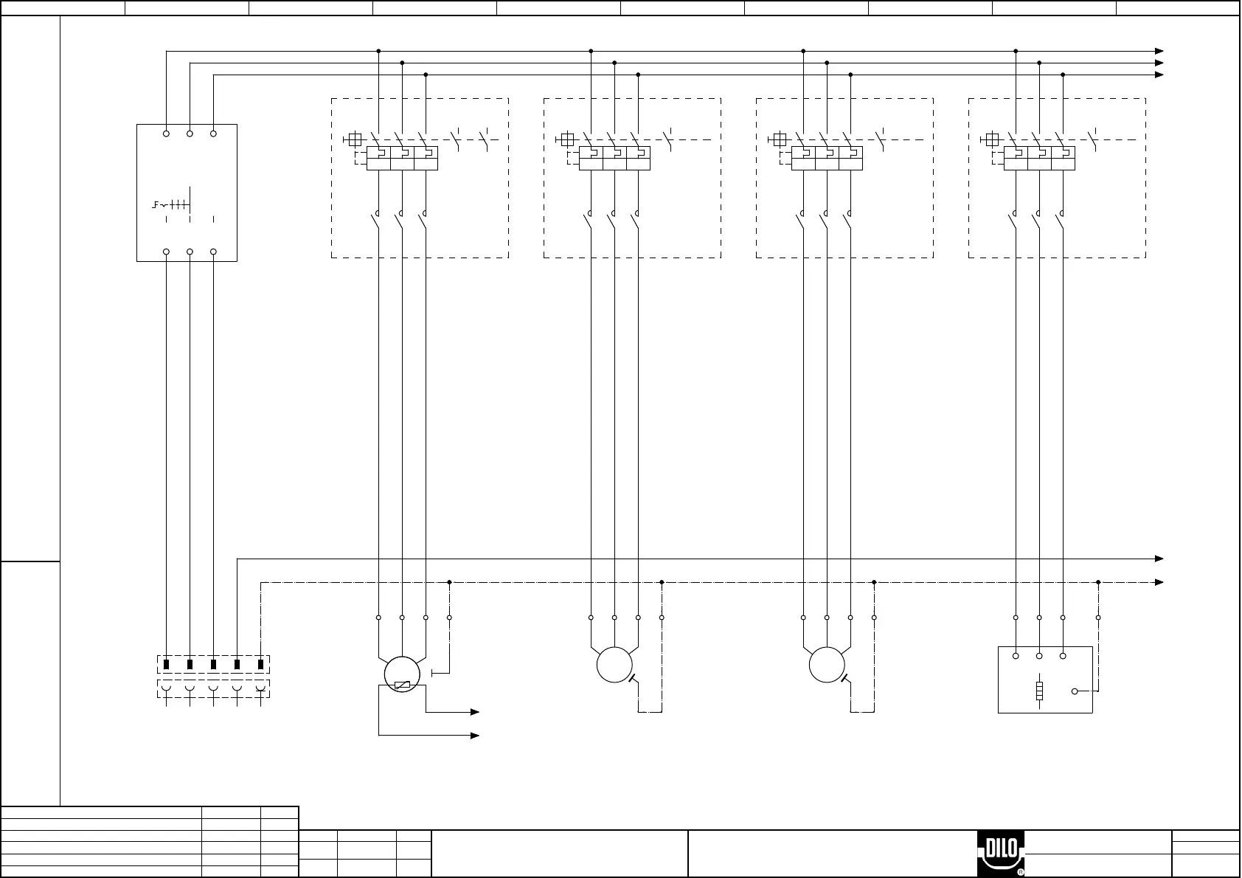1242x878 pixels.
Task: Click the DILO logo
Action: tap(1001, 853)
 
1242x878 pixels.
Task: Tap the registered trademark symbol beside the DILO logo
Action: tap(1021, 872)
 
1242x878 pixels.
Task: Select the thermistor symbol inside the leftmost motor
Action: tap(402, 685)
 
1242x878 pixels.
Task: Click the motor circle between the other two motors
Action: tap(614, 665)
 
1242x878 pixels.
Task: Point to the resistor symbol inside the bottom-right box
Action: tap(1039, 691)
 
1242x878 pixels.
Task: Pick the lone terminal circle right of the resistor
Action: tap(1075, 691)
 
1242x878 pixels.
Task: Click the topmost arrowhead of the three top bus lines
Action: tap(1159, 51)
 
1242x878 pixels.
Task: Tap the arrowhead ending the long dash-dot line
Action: tap(1159, 582)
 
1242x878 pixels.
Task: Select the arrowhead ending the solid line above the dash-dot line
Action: tap(1159, 559)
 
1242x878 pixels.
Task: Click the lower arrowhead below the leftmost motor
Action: tap(475, 736)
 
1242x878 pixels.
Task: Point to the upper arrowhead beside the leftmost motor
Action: tap(475, 712)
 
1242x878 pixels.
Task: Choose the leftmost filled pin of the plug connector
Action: tap(166, 664)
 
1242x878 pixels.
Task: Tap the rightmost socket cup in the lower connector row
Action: tap(260, 689)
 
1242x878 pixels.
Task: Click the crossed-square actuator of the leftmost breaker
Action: tap(355, 139)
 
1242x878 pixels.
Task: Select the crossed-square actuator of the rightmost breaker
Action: tap(992, 139)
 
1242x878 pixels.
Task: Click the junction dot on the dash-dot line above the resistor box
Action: tap(1098, 582)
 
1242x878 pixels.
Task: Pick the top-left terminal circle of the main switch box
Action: tap(166, 134)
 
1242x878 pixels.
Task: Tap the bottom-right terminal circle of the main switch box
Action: tap(213, 252)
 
